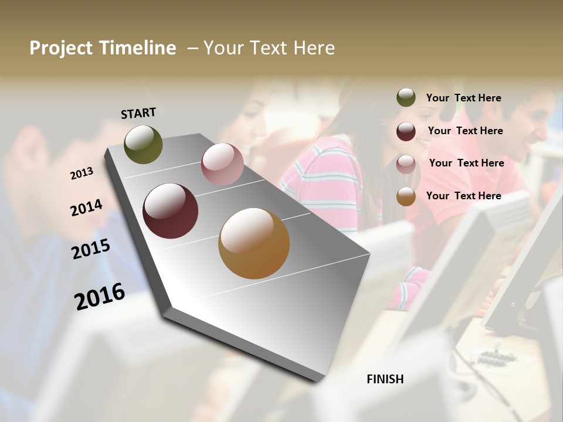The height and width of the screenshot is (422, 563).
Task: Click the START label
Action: coord(138,113)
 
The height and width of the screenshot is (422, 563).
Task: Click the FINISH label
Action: coord(385,379)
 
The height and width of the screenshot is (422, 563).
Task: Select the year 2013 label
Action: coord(82,173)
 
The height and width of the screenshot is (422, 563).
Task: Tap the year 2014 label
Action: coord(86,208)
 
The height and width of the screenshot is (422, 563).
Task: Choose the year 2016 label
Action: coord(100,297)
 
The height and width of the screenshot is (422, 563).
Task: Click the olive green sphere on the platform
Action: coord(143,145)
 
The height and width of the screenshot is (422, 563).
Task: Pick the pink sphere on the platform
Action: coord(222,164)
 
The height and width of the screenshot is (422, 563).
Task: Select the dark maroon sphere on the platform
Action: coord(170,211)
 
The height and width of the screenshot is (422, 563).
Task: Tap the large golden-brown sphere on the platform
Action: coord(254,243)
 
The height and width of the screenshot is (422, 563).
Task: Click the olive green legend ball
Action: coord(406,97)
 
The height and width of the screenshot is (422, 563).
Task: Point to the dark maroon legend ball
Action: coord(406,131)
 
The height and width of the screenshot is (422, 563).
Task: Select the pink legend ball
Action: coord(406,164)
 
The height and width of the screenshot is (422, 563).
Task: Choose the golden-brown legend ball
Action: coord(406,196)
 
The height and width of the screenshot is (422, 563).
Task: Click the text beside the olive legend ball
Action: coord(463,98)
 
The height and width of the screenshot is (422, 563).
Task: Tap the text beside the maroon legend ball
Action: coord(465,131)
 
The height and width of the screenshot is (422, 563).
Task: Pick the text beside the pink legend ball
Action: coord(466,163)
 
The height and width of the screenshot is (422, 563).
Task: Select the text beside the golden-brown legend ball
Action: coord(463,196)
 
